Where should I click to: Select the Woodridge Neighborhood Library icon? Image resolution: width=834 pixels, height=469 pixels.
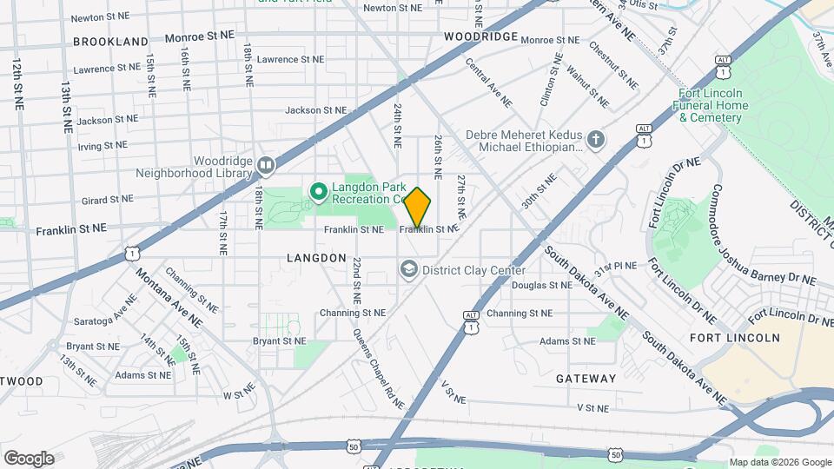click(266, 164)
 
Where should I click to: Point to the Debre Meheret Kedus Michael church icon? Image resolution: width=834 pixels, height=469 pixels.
click(595, 140)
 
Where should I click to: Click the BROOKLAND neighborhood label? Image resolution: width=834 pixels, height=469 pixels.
click(110, 41)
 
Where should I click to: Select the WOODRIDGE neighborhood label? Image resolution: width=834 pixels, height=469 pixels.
click(480, 37)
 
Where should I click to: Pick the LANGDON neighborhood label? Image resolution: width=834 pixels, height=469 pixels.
click(317, 258)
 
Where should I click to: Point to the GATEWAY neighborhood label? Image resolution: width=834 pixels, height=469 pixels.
click(586, 379)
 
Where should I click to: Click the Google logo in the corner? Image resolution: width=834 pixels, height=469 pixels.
click(29, 459)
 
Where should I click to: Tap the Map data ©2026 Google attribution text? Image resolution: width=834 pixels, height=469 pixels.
click(779, 462)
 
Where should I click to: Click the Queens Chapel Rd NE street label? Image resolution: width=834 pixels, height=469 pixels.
click(379, 369)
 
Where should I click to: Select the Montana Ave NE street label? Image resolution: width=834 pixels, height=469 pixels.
click(169, 296)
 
